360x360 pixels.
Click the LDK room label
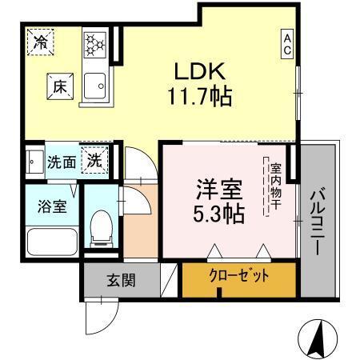[x=200, y=70]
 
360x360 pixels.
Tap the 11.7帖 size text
[x=200, y=98]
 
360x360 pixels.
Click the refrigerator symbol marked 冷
[x=37, y=42]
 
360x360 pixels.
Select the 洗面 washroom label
[x=61, y=161]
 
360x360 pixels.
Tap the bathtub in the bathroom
[x=51, y=240]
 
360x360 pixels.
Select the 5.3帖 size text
[x=218, y=214]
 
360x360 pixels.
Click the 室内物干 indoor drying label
[x=274, y=187]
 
